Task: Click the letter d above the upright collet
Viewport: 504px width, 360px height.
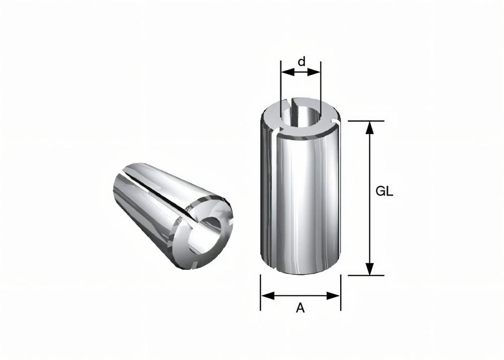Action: pos(301,62)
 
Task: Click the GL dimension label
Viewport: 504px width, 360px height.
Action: pos(385,192)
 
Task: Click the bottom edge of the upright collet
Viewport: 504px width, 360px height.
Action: pos(300,274)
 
